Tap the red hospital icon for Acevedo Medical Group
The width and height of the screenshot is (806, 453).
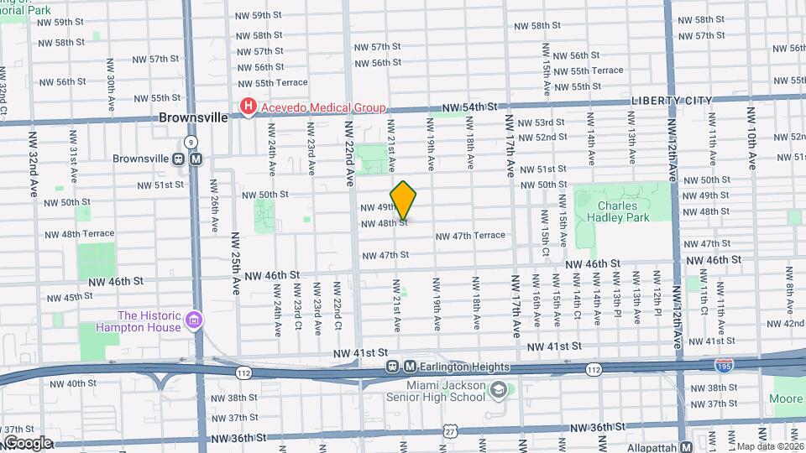tap(249, 107)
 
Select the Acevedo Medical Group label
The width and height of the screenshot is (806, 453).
tap(322, 107)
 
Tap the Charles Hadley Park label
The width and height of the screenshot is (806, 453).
tap(623, 211)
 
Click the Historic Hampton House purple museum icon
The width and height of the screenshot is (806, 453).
tap(195, 320)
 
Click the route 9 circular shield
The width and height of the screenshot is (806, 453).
tap(192, 142)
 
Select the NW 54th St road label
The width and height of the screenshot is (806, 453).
tap(474, 107)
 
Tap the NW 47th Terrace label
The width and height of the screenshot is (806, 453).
tap(470, 236)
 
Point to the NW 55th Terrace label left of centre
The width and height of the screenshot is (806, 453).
tap(270, 82)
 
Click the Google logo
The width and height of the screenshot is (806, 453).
tap(28, 442)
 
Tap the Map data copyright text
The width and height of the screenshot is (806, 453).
tap(770, 446)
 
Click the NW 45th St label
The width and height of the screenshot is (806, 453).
tap(70, 297)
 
